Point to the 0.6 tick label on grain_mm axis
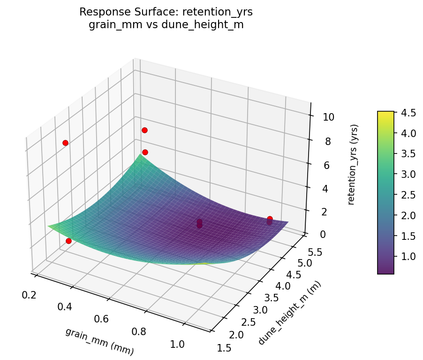click(x=101, y=319)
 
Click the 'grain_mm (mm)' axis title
click(x=99, y=341)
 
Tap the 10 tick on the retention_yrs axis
click(x=329, y=117)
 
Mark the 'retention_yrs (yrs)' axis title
click(x=355, y=164)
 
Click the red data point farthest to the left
click(x=65, y=143)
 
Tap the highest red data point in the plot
click(x=144, y=130)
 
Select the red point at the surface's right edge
click(x=270, y=219)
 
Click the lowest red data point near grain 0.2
click(x=68, y=241)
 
